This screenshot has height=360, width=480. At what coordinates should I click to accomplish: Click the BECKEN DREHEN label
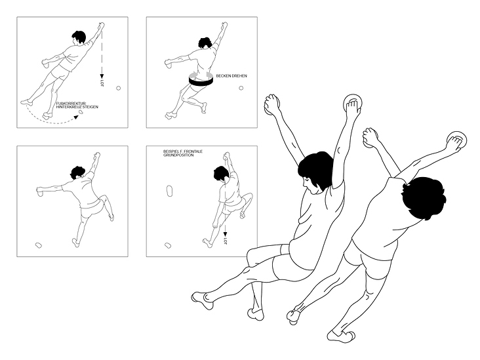click(x=231, y=76)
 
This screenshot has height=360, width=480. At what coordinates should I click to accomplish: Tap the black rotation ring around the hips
click(x=201, y=82)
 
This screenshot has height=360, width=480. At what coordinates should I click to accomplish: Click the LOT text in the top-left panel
click(x=102, y=83)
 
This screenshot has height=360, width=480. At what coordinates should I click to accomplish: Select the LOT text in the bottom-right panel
click(x=226, y=241)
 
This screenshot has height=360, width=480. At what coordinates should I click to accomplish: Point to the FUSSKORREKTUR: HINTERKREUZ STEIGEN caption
click(x=77, y=106)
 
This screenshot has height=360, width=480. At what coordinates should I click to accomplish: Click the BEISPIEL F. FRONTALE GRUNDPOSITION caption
click(x=183, y=153)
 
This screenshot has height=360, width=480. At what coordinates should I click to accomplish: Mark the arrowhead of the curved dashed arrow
click(x=76, y=117)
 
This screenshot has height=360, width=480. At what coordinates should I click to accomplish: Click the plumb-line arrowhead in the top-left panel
click(x=102, y=76)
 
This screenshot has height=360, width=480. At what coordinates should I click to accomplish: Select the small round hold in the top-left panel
click(x=119, y=88)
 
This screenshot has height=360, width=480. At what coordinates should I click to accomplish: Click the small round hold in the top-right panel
click(x=241, y=88)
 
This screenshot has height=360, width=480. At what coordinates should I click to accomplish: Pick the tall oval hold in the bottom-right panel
click(x=170, y=191)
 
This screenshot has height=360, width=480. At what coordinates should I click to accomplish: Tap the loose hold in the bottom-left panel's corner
click(x=39, y=245)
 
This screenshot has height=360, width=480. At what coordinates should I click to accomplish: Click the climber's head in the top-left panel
click(x=79, y=37)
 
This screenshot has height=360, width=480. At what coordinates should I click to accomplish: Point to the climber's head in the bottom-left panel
click(x=77, y=173)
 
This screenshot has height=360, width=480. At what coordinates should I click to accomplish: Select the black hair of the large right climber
click(x=424, y=197)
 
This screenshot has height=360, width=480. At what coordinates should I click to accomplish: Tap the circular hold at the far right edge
click(x=457, y=140)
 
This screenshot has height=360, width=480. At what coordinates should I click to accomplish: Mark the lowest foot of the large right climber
click(x=342, y=336)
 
